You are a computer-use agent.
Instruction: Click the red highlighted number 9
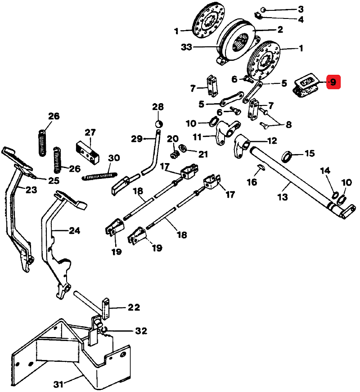click(x=333, y=82)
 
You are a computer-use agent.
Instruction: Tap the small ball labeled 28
click(x=158, y=124)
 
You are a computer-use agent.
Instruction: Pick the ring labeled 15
click(x=286, y=156)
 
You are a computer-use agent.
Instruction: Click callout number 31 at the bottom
click(x=58, y=384)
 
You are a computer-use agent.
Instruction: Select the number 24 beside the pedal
click(x=74, y=231)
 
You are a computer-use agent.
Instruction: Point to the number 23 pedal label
click(x=31, y=190)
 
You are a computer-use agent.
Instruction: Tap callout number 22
click(x=133, y=308)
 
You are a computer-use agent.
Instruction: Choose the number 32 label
click(x=141, y=331)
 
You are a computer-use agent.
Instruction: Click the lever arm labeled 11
click(x=224, y=133)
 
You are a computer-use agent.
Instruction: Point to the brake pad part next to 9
click(x=304, y=86)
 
